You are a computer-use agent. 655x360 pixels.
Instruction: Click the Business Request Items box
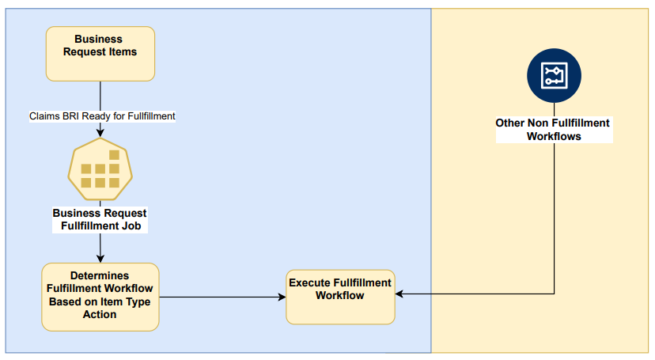click(x=100, y=54)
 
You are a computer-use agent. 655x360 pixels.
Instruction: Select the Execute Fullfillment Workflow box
click(x=340, y=296)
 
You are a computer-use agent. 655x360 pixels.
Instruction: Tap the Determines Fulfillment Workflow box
click(x=100, y=297)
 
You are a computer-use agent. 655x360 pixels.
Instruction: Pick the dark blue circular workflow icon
click(x=554, y=76)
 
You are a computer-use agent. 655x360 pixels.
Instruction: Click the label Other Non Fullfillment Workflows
click(x=554, y=130)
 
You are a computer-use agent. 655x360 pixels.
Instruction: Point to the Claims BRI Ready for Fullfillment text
click(x=102, y=116)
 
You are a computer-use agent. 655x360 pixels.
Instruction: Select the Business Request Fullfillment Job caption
click(x=100, y=219)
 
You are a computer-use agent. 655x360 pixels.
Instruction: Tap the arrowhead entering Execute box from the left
click(x=281, y=297)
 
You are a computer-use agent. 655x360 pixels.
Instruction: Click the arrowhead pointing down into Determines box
click(x=100, y=259)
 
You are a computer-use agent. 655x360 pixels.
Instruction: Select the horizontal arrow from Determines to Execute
click(x=221, y=297)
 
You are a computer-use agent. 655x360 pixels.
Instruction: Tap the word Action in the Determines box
click(x=99, y=314)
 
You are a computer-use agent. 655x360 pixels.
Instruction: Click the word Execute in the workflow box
click(x=310, y=282)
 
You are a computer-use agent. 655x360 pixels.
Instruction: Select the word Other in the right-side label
click(x=509, y=123)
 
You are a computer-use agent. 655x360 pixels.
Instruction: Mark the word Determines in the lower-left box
click(x=100, y=276)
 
